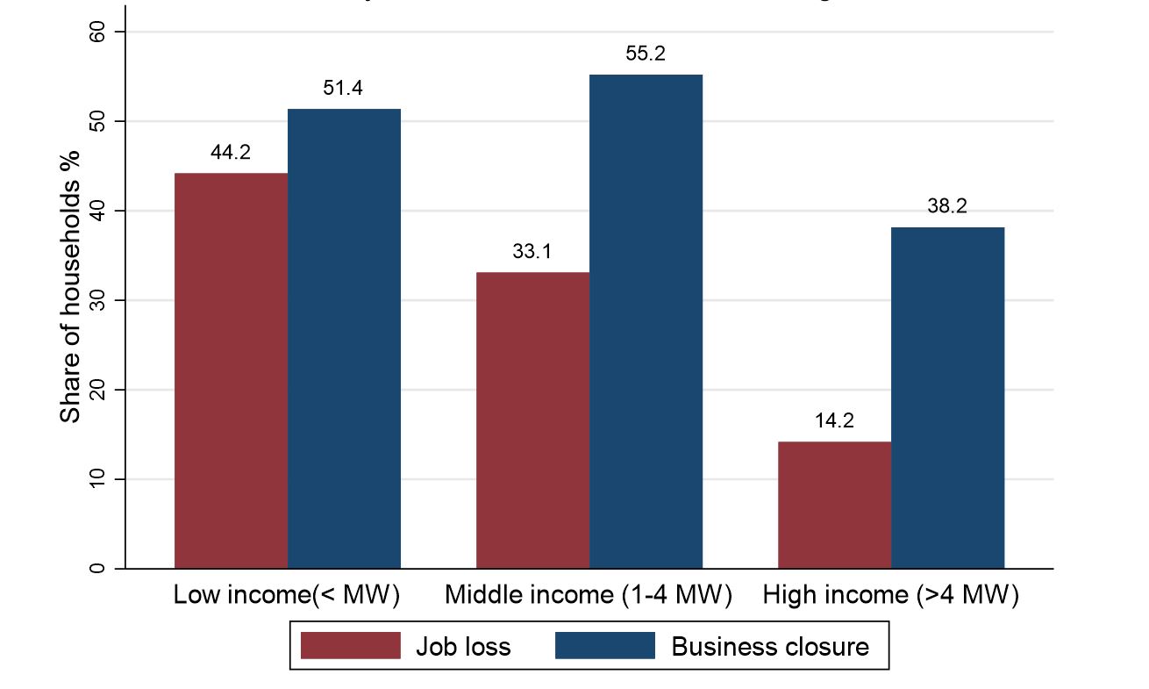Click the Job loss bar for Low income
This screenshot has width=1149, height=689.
[232, 370]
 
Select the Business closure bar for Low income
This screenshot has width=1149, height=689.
[344, 339]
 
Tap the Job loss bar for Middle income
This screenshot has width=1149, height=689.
[532, 420]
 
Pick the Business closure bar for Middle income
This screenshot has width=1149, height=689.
[646, 321]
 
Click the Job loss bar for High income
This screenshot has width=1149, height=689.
[834, 505]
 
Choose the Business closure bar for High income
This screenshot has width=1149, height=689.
[947, 398]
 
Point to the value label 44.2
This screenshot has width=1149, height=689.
[231, 153]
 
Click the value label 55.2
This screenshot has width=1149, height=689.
[646, 54]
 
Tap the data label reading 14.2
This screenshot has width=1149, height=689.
[834, 420]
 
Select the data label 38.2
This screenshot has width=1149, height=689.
[947, 207]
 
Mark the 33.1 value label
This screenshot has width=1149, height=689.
[532, 253]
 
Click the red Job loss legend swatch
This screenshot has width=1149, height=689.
[350, 646]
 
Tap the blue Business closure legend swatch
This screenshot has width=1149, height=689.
[605, 646]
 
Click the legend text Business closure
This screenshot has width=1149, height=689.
[770, 647]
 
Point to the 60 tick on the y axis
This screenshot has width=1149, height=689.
[97, 32]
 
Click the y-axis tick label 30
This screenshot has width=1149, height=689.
[97, 300]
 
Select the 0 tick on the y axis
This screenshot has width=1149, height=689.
[97, 568]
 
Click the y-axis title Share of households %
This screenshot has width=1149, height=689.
[70, 285]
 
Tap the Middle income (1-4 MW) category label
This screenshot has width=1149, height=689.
[589, 596]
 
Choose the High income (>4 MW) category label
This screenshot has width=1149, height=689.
[890, 596]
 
